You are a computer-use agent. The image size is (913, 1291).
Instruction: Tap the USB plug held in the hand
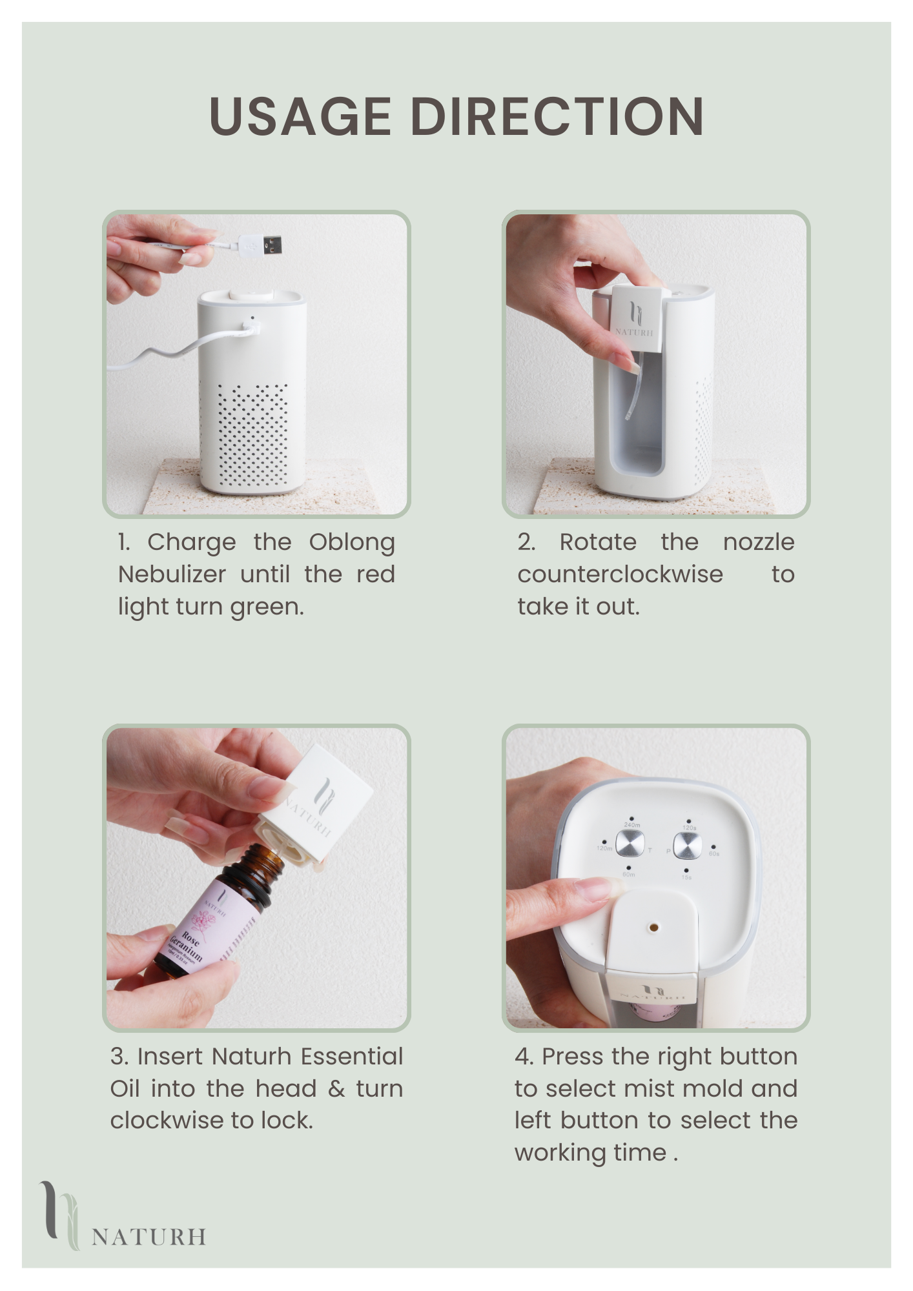pos(261,245)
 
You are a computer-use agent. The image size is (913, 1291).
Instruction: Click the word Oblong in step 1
pos(352,542)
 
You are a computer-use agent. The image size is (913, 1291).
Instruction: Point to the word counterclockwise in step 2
pos(620,574)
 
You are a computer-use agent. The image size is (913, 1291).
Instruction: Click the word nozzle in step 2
pos(759,542)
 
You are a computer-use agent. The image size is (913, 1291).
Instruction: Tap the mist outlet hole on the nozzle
pos(653,928)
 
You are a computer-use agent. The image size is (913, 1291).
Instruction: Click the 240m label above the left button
pos(631,825)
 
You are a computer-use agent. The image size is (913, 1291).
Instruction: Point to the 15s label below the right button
pos(686,877)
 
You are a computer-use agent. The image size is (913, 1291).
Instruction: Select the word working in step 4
pos(559,1153)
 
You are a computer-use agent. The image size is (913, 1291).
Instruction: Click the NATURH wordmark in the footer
pos(149,1237)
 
